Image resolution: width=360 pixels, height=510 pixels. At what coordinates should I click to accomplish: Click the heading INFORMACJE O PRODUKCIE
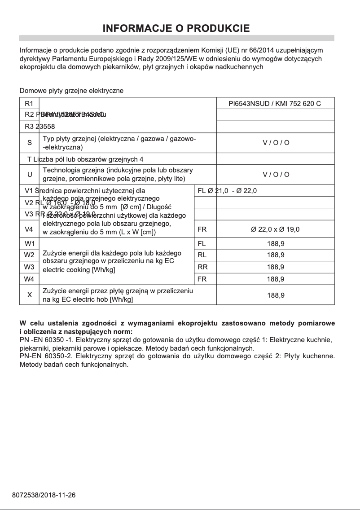176,29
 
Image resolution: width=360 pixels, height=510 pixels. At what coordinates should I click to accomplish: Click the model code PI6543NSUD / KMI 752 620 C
275,104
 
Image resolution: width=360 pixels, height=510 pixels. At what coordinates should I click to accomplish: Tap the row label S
30,143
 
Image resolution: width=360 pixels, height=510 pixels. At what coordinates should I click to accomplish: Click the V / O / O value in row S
276,143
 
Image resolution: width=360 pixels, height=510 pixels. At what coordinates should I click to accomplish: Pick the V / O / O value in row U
276,175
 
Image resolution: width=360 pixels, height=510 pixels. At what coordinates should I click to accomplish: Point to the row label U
30,175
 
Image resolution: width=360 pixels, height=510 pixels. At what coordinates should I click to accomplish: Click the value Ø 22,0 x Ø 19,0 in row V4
275,229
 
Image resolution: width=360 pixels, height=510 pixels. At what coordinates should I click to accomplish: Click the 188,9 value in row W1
275,244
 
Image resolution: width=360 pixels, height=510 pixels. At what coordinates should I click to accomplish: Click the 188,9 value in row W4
275,279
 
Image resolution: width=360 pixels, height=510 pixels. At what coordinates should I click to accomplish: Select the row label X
30,295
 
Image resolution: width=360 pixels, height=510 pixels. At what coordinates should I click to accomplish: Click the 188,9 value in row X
275,295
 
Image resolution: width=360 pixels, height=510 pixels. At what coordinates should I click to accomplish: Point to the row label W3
30,267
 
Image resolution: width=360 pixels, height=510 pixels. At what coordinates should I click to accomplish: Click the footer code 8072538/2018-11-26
44,495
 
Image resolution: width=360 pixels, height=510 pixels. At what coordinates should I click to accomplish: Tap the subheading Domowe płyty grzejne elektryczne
71,91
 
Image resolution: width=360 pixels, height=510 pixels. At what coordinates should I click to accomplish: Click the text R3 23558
40,127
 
